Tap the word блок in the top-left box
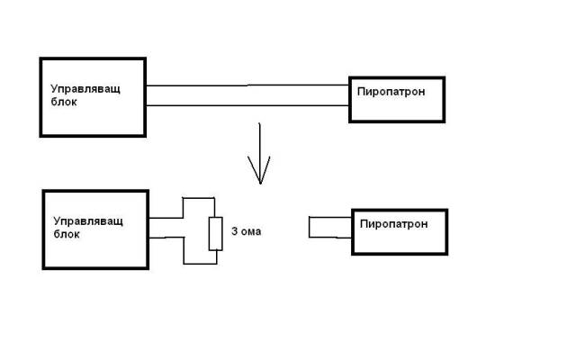click(66, 103)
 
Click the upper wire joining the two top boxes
click(247, 85)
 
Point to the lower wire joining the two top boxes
click(247, 106)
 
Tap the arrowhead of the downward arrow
click(259, 175)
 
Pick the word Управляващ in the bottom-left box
click(88, 220)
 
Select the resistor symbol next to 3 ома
click(215, 233)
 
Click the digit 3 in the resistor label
click(234, 232)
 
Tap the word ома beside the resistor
click(251, 232)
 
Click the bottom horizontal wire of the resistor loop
click(200, 265)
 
